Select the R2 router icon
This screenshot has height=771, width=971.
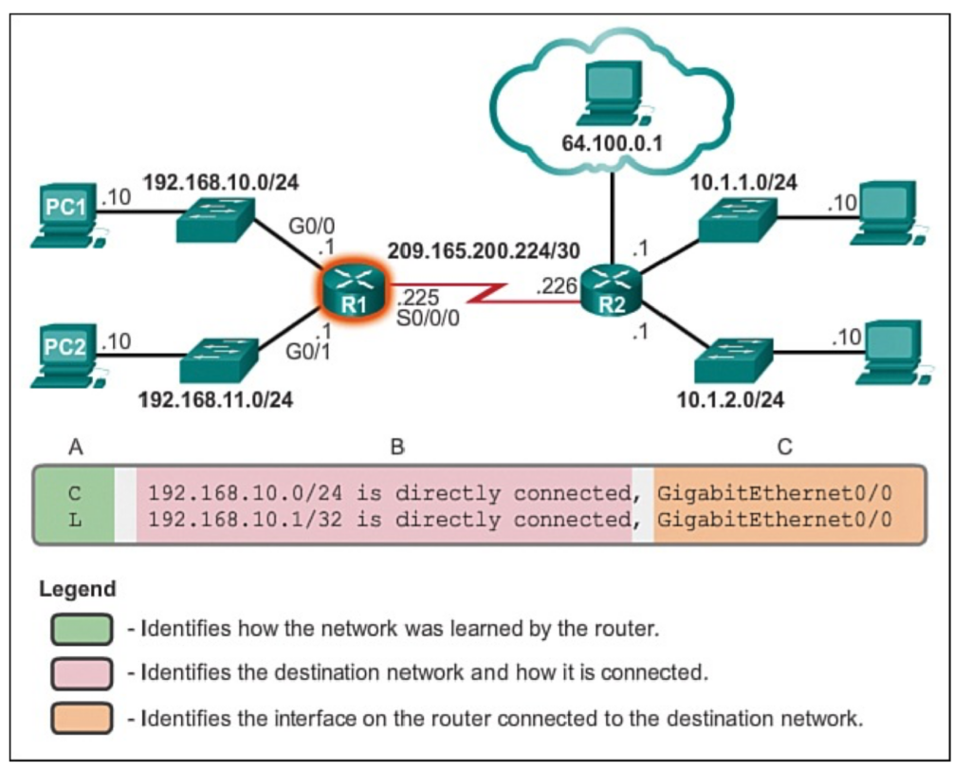(612, 290)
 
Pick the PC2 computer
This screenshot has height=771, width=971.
(68, 356)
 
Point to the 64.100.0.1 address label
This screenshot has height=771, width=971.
(612, 143)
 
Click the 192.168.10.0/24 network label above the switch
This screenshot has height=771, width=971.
(221, 182)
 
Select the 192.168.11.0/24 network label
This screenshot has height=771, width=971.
(215, 399)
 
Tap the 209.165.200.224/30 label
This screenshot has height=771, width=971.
(484, 250)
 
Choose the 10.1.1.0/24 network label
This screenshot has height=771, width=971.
(743, 182)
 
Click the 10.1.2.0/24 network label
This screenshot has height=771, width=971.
(731, 399)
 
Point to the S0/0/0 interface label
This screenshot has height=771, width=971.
(428, 319)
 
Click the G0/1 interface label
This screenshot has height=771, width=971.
(308, 352)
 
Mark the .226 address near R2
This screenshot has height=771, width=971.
(557, 286)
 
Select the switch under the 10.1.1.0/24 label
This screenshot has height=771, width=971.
(738, 219)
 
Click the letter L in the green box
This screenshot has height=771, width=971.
(75, 521)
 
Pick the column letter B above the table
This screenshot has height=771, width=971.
(397, 447)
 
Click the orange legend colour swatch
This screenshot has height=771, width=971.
(82, 718)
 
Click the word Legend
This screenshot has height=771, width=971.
(78, 588)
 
